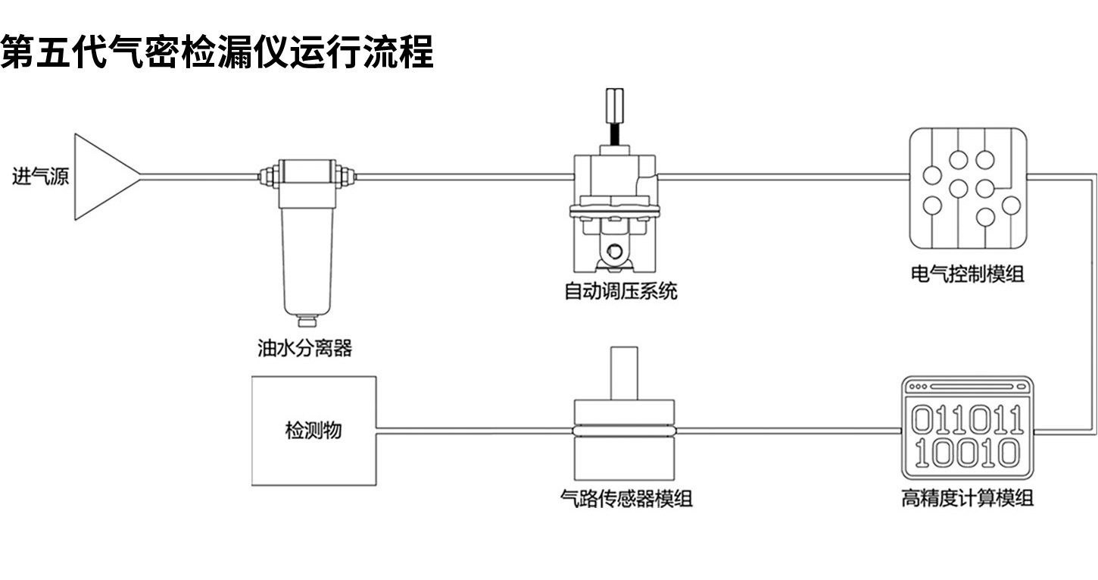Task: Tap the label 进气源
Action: (40, 177)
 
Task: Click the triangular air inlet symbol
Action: (102, 177)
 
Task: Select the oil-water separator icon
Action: (306, 235)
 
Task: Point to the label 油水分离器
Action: (305, 348)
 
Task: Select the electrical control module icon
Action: (968, 189)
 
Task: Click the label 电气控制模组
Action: (967, 274)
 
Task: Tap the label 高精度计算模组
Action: (967, 498)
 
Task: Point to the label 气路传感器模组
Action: (625, 498)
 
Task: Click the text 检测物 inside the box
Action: (313, 431)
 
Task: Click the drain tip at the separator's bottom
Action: (307, 320)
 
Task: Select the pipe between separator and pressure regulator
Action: (462, 177)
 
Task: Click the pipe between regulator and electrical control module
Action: (784, 177)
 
